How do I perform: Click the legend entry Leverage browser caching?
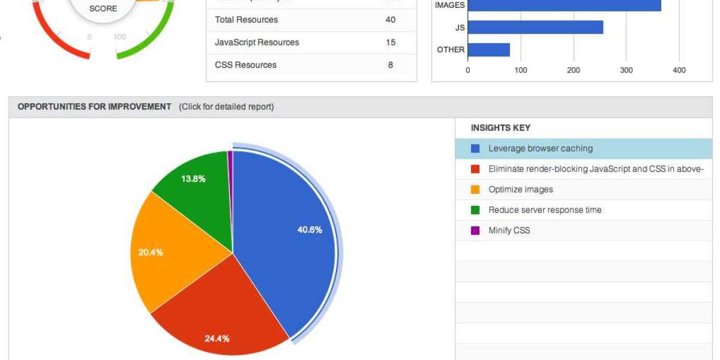540,148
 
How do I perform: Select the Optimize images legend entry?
520,190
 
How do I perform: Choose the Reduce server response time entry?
545,210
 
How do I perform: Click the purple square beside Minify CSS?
475,230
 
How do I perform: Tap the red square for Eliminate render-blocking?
475,169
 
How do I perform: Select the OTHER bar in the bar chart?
488,50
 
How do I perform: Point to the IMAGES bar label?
449,5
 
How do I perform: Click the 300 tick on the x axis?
626,71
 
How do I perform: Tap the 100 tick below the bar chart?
521,71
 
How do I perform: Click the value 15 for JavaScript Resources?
391,43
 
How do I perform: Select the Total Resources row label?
246,20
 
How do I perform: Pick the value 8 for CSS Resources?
391,65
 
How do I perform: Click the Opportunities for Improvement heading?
94,107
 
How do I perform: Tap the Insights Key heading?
500,128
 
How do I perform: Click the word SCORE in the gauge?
103,9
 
